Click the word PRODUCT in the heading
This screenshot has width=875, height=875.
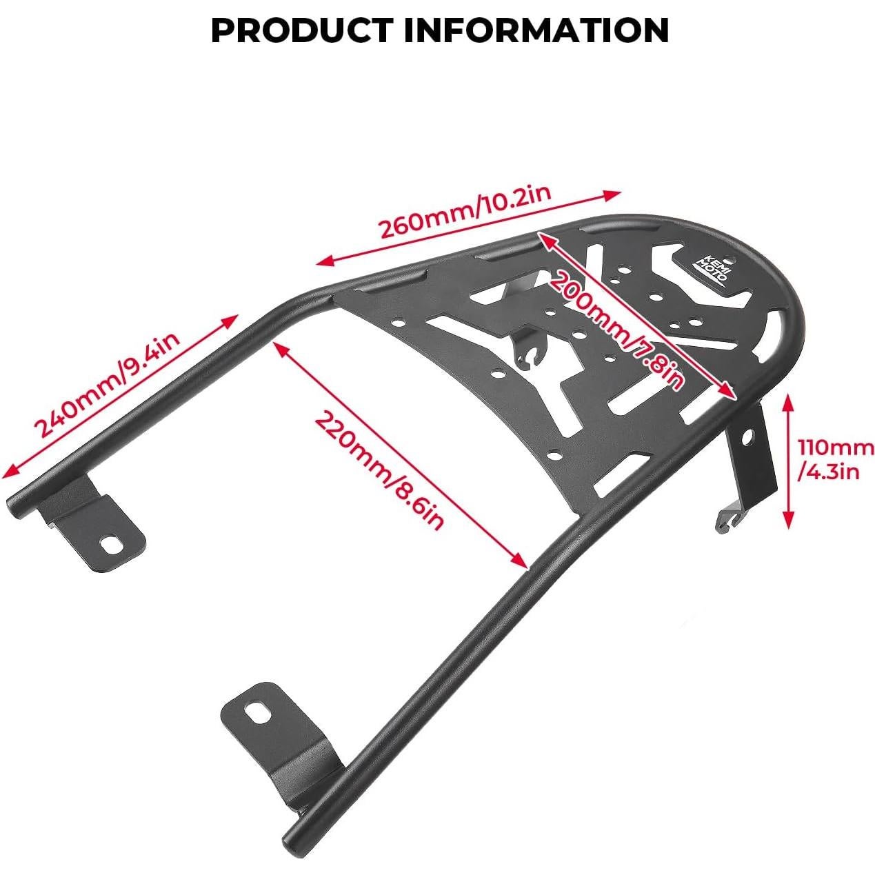[x=301, y=30]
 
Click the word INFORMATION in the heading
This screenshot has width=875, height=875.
[x=536, y=30]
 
